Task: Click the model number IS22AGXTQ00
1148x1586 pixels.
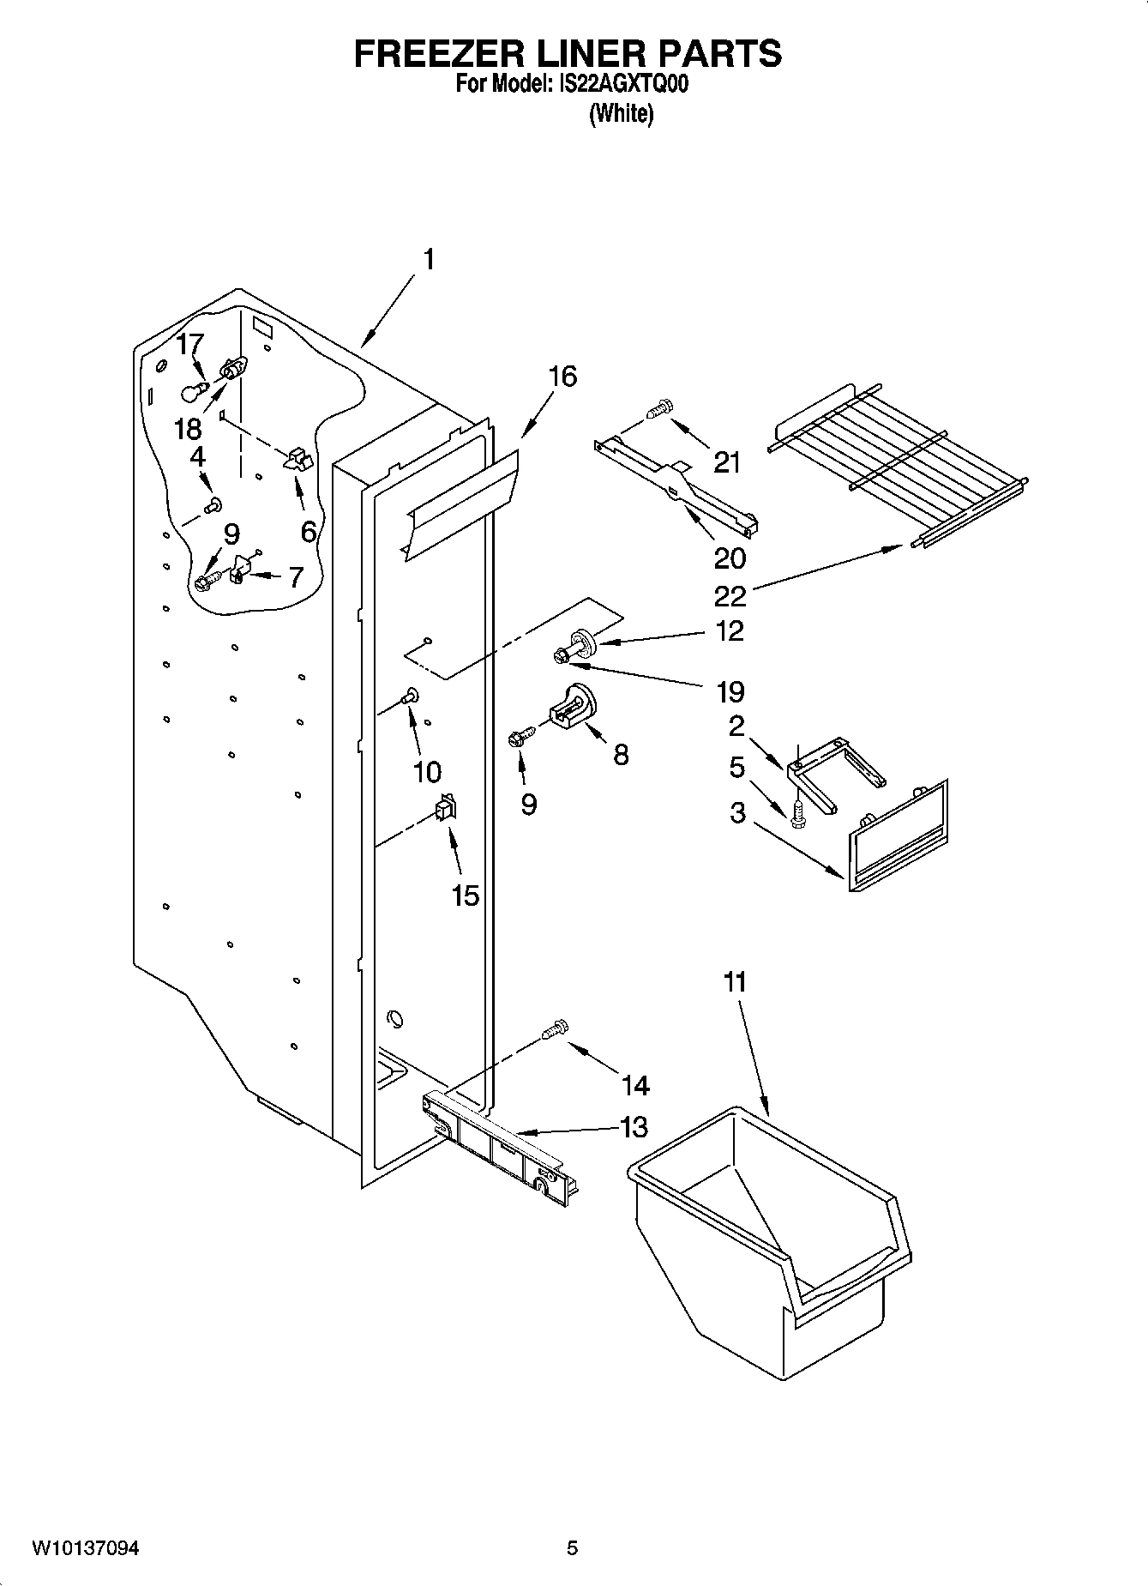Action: tap(623, 85)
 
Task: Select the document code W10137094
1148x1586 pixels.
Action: tap(86, 1548)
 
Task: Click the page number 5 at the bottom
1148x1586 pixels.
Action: tap(572, 1548)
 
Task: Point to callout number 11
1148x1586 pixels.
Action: tap(735, 982)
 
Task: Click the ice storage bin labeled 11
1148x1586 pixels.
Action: tap(763, 1244)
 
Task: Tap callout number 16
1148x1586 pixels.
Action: tap(562, 377)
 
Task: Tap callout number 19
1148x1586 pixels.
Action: tap(730, 691)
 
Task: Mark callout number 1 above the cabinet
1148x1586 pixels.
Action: tap(428, 259)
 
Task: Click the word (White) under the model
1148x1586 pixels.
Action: tap(622, 113)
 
